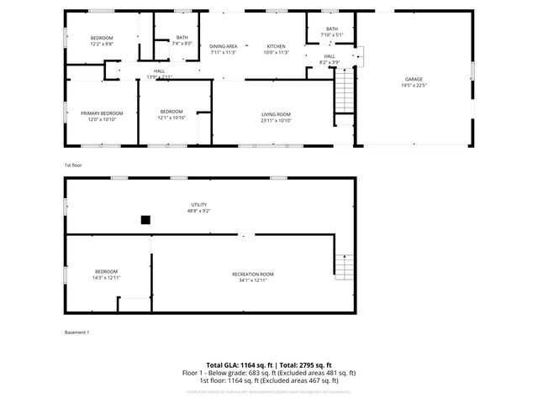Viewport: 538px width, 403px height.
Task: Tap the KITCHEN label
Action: coord(277,46)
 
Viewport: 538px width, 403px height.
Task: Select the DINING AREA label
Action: coord(224,46)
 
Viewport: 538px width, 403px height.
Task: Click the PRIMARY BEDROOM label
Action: coord(102,113)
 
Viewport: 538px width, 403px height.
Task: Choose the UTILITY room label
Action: coord(198,204)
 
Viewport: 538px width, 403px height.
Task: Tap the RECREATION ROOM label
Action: coord(253,274)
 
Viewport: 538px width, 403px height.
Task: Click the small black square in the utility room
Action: coord(145,220)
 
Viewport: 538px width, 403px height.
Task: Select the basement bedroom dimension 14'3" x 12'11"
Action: coord(107,278)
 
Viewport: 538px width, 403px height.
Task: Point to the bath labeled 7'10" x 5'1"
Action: coord(331,34)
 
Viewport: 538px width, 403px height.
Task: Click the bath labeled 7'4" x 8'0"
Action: coord(182,43)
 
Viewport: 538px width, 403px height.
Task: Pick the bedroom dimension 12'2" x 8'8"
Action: coord(102,43)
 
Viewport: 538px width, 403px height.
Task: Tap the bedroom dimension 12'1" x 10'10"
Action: coord(171,118)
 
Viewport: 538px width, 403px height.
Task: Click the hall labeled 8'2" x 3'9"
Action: coord(330,61)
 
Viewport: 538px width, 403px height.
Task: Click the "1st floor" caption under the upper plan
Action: coord(74,165)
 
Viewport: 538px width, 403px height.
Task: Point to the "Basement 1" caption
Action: coord(76,332)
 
